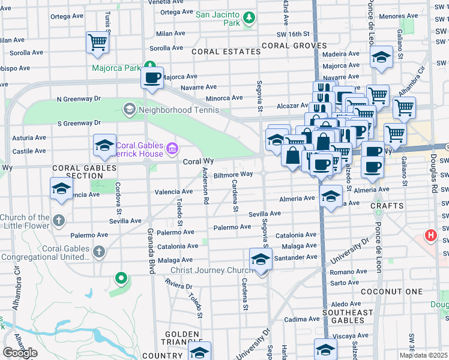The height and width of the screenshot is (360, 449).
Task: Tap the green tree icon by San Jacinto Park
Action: pos(249,21)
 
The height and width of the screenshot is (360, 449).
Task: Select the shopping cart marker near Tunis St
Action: pos(97,42)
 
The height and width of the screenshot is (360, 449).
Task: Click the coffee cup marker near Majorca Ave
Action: pos(152,77)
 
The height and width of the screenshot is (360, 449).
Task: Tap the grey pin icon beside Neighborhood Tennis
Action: pos(128,109)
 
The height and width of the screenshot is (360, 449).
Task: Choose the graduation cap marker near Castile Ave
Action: pos(104,145)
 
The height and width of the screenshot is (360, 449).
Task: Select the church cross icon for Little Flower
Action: pos(58,221)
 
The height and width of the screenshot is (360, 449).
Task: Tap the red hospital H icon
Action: pos(430,236)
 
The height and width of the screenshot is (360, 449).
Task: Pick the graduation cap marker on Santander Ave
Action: pos(261,259)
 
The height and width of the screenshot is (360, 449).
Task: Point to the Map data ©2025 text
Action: pos(423,355)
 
